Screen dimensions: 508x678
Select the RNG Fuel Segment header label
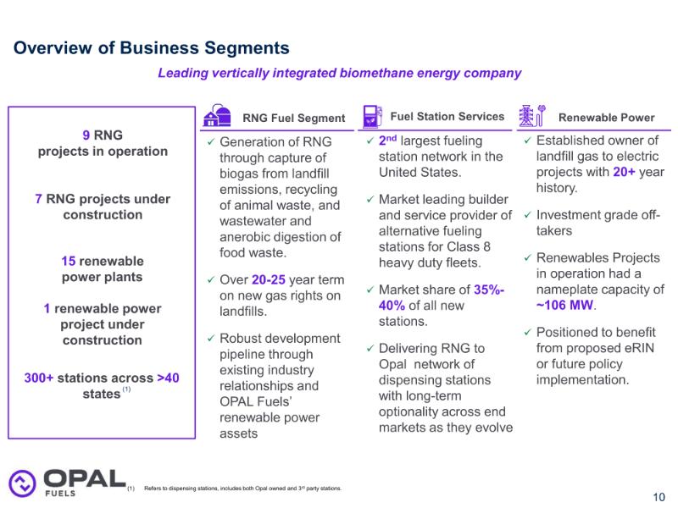pos(294,118)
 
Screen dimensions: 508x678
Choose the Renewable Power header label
pos(606,118)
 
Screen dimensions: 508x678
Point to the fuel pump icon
pos(371,116)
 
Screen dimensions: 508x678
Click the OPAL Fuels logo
pos(66,482)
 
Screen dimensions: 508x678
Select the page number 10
pos(659,497)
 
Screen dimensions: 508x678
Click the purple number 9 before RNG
pos(86,135)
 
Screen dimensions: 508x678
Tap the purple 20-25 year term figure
pos(270,279)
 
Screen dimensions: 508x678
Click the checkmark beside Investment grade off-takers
pos(527,215)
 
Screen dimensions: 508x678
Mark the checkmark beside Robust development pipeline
pos(211,338)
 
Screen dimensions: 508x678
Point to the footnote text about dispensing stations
pos(242,489)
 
